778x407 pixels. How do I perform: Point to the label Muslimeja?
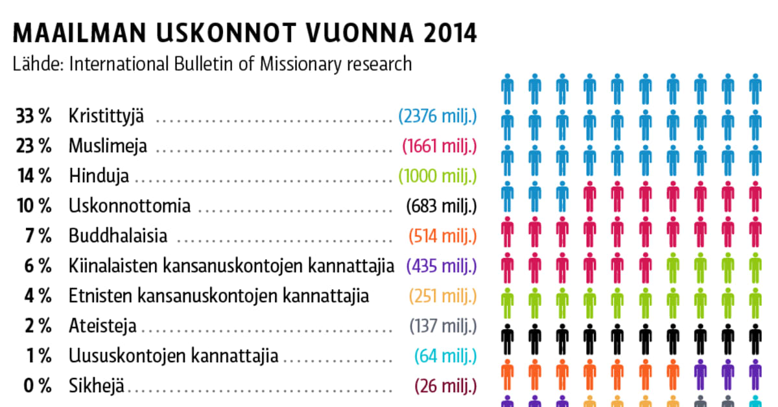click(x=108, y=146)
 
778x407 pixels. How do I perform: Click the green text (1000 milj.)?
click(x=438, y=176)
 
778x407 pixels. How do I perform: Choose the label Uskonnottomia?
click(x=130, y=206)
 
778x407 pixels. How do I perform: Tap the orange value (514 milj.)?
click(x=443, y=236)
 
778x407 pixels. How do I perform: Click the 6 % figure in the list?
click(x=38, y=266)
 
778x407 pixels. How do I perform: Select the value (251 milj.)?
click(x=443, y=296)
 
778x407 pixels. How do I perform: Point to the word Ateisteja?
click(x=102, y=325)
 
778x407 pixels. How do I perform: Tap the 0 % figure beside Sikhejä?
click(x=38, y=386)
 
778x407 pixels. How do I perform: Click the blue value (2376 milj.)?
click(x=438, y=117)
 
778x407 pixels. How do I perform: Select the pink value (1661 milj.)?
click(x=440, y=146)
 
